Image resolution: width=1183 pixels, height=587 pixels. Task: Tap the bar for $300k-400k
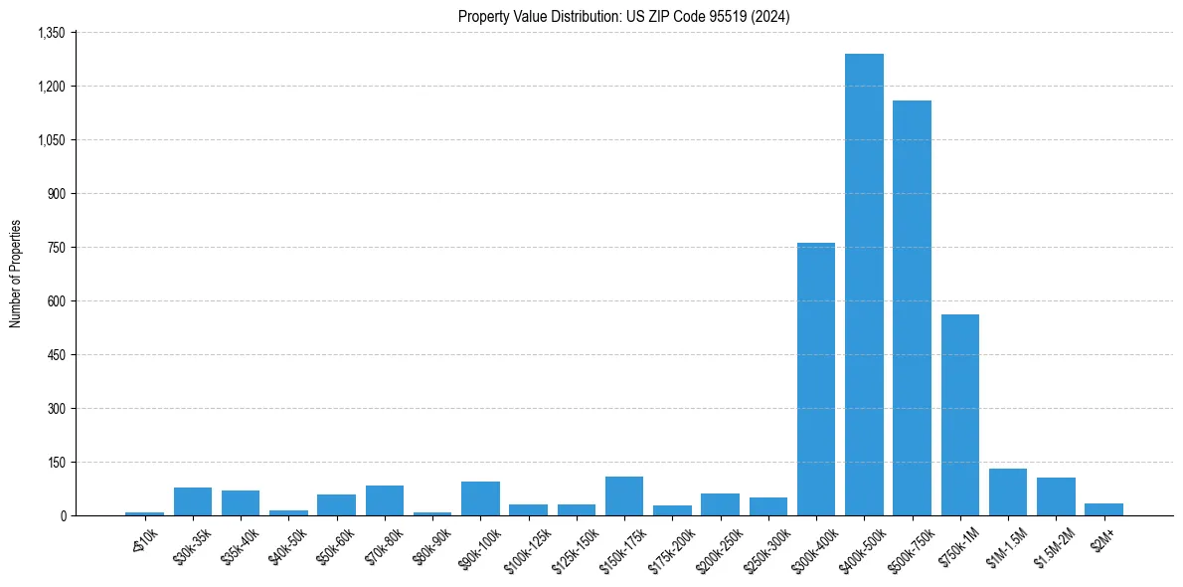816,379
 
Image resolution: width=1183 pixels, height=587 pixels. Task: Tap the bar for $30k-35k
193,501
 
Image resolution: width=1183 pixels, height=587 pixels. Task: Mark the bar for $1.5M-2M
1056,496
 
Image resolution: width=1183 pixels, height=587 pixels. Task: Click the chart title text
624,17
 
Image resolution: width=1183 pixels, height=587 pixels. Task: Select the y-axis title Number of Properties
16,274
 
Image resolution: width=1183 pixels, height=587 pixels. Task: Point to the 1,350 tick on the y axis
51,33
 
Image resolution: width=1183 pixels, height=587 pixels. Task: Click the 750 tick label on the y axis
56,248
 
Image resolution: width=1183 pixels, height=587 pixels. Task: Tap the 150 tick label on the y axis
56,463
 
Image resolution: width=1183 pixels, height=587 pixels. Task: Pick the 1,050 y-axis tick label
51,140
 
